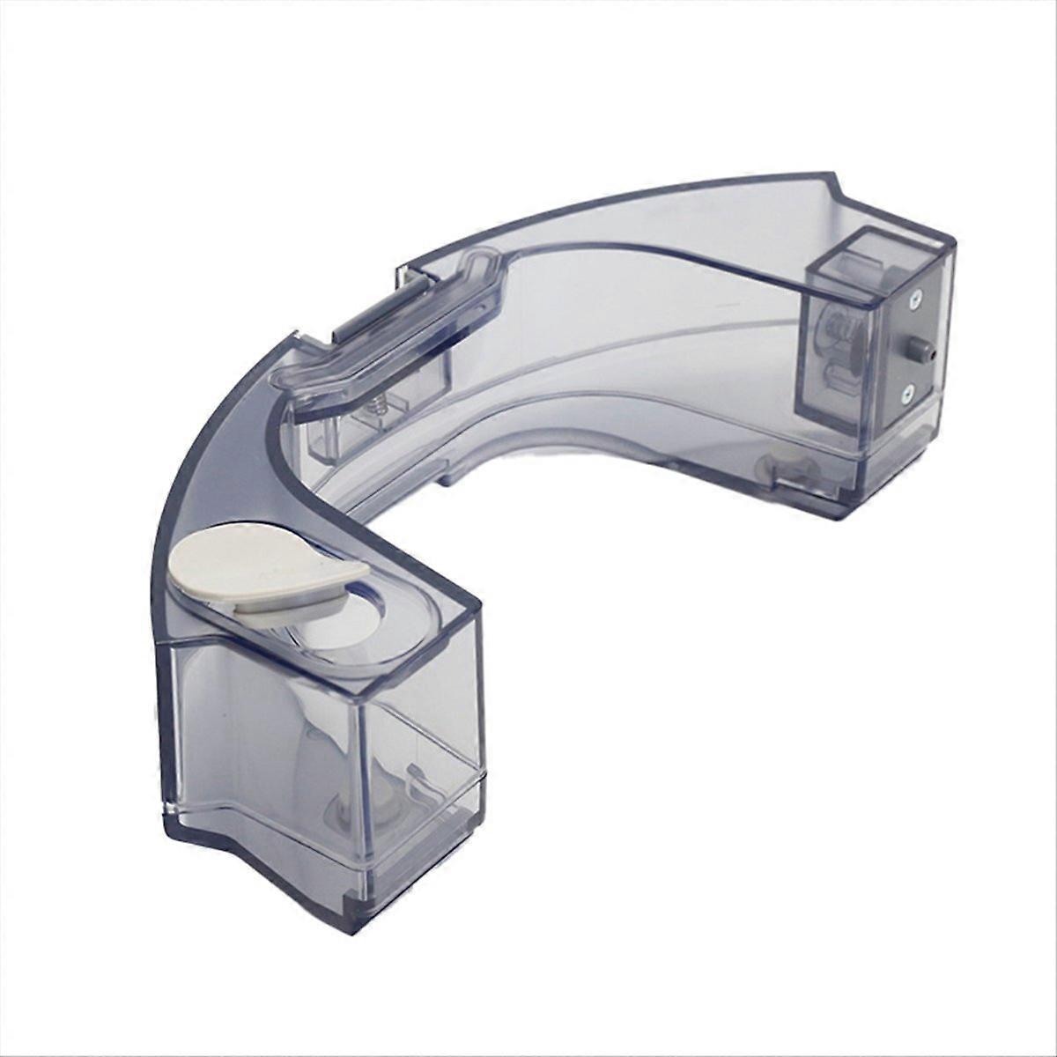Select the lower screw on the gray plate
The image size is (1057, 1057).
click(x=907, y=396)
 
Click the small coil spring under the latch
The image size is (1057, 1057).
click(x=376, y=406)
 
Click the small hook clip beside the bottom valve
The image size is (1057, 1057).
click(x=419, y=780)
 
